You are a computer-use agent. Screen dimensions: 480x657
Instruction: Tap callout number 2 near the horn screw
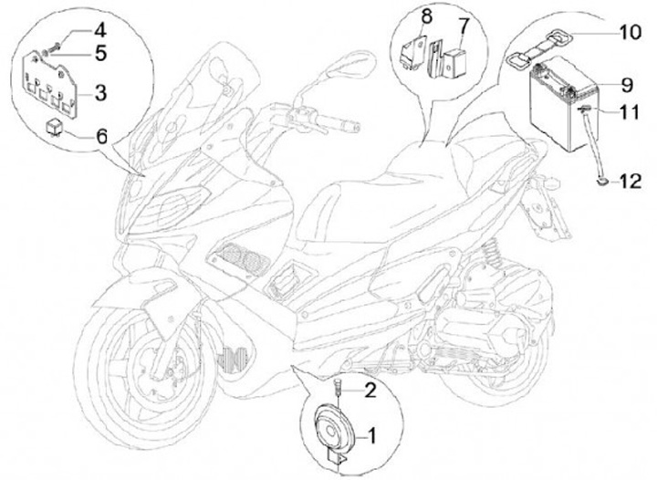[x=371, y=391]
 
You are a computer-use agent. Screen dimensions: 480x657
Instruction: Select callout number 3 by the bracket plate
[x=101, y=92]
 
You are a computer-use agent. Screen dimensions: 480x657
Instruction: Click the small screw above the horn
[x=337, y=388]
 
